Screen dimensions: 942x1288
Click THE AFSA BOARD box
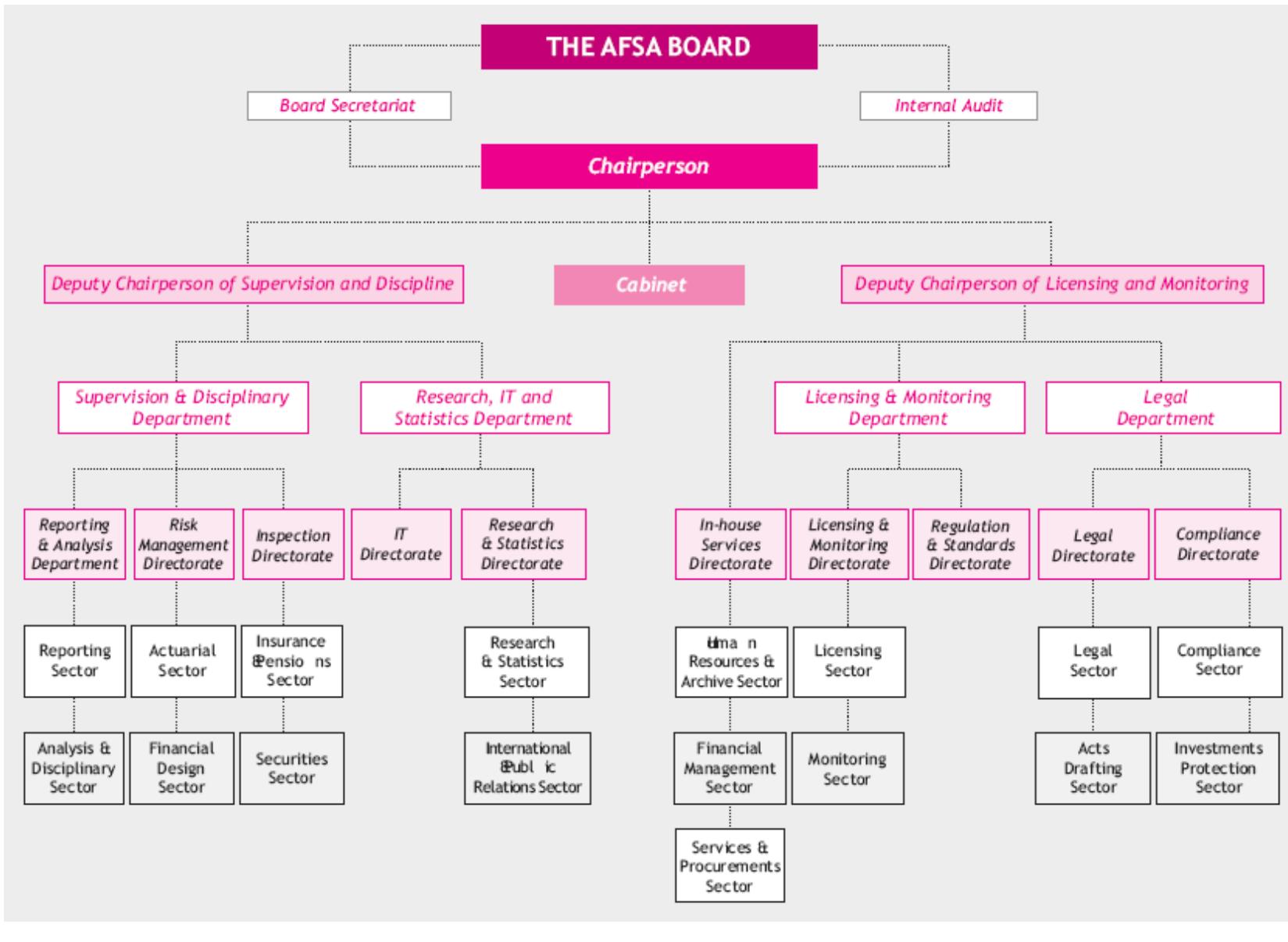pos(648,47)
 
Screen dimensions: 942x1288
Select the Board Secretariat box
pos(348,105)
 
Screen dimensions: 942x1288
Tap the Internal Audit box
pos(948,105)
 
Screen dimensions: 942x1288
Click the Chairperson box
pos(648,166)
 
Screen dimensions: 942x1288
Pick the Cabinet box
pos(649,284)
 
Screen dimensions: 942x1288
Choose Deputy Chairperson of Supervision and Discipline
pos(253,284)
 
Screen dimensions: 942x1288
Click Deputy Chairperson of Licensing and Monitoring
pos(1051,284)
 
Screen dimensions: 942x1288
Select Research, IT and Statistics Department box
pos(484,408)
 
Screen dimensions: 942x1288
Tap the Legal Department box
pos(1163,408)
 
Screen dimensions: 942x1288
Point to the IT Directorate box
pos(401,544)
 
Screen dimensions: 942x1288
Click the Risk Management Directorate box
pos(184,544)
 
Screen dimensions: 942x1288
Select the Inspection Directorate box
pos(292,544)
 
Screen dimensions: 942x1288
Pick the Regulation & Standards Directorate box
pos(971,544)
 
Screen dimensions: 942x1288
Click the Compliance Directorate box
pos(1217,544)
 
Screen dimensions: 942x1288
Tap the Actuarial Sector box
pos(183,661)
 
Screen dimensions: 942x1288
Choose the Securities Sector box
pos(291,768)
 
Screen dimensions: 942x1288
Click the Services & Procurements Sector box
pos(730,865)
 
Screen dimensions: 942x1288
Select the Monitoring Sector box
pos(847,768)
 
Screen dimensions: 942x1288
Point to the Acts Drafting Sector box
pos(1092,768)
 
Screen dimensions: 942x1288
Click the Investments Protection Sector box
pos(1218,768)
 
